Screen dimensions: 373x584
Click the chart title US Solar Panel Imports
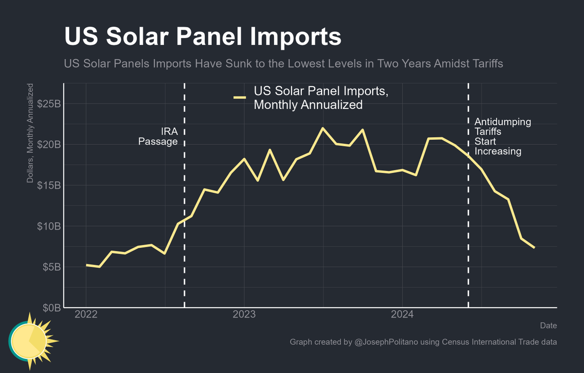coord(202,37)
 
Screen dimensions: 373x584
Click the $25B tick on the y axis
coord(49,104)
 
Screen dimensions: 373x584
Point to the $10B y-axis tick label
coord(49,226)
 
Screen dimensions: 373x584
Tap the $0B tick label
coord(51,308)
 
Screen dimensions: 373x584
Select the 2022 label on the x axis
coord(86,315)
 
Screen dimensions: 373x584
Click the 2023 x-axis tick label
coord(244,315)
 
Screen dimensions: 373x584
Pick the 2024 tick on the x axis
coord(402,315)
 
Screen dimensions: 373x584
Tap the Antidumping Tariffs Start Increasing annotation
coord(502,136)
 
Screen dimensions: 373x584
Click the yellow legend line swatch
coord(239,98)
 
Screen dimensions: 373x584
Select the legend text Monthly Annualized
coord(308,105)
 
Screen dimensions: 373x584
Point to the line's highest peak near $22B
coord(323,128)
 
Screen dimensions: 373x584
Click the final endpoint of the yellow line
coord(534,248)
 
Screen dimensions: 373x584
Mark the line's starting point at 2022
coord(86,265)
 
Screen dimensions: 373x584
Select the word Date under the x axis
coord(548,325)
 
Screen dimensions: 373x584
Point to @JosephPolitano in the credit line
coord(387,342)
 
